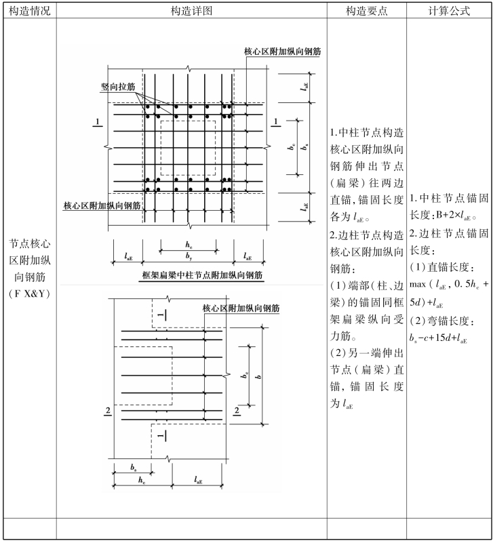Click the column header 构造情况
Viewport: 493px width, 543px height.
pyautogui.click(x=28, y=11)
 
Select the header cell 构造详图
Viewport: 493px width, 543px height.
pyautogui.click(x=192, y=11)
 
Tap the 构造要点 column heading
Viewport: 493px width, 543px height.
pyautogui.click(x=366, y=11)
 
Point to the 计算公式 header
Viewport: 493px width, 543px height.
pyautogui.click(x=449, y=11)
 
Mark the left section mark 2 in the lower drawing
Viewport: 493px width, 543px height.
pyautogui.click(x=108, y=411)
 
